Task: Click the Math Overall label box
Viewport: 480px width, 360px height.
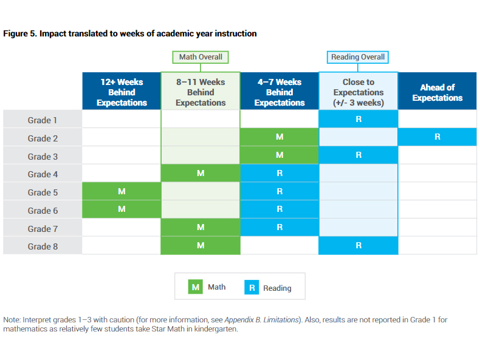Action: (201, 57)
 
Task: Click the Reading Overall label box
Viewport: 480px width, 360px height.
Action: (357, 57)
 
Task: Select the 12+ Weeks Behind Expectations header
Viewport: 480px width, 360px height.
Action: (122, 91)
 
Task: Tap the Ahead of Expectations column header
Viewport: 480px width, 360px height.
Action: (437, 91)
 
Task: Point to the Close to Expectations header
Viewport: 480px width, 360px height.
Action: (358, 91)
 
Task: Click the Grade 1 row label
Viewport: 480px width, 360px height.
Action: (43, 119)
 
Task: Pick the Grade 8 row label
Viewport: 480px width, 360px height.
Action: (43, 246)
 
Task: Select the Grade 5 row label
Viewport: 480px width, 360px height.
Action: (43, 191)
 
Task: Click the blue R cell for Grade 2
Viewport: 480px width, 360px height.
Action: (437, 137)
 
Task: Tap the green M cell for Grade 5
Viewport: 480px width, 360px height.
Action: (122, 191)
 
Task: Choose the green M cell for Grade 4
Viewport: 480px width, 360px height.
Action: (201, 173)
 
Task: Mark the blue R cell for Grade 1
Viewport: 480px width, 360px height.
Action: (358, 118)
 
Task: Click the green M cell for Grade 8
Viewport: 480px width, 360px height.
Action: (201, 245)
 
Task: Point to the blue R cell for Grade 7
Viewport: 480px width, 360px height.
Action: (279, 227)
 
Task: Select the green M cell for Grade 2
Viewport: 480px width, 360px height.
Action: (279, 137)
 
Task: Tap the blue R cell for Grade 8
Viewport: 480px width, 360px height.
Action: (358, 245)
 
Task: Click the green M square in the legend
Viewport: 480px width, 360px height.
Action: (195, 287)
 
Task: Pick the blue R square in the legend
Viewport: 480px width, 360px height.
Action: (252, 287)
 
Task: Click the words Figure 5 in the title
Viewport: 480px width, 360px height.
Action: (20, 33)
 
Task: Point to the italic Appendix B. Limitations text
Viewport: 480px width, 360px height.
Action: (261, 320)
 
